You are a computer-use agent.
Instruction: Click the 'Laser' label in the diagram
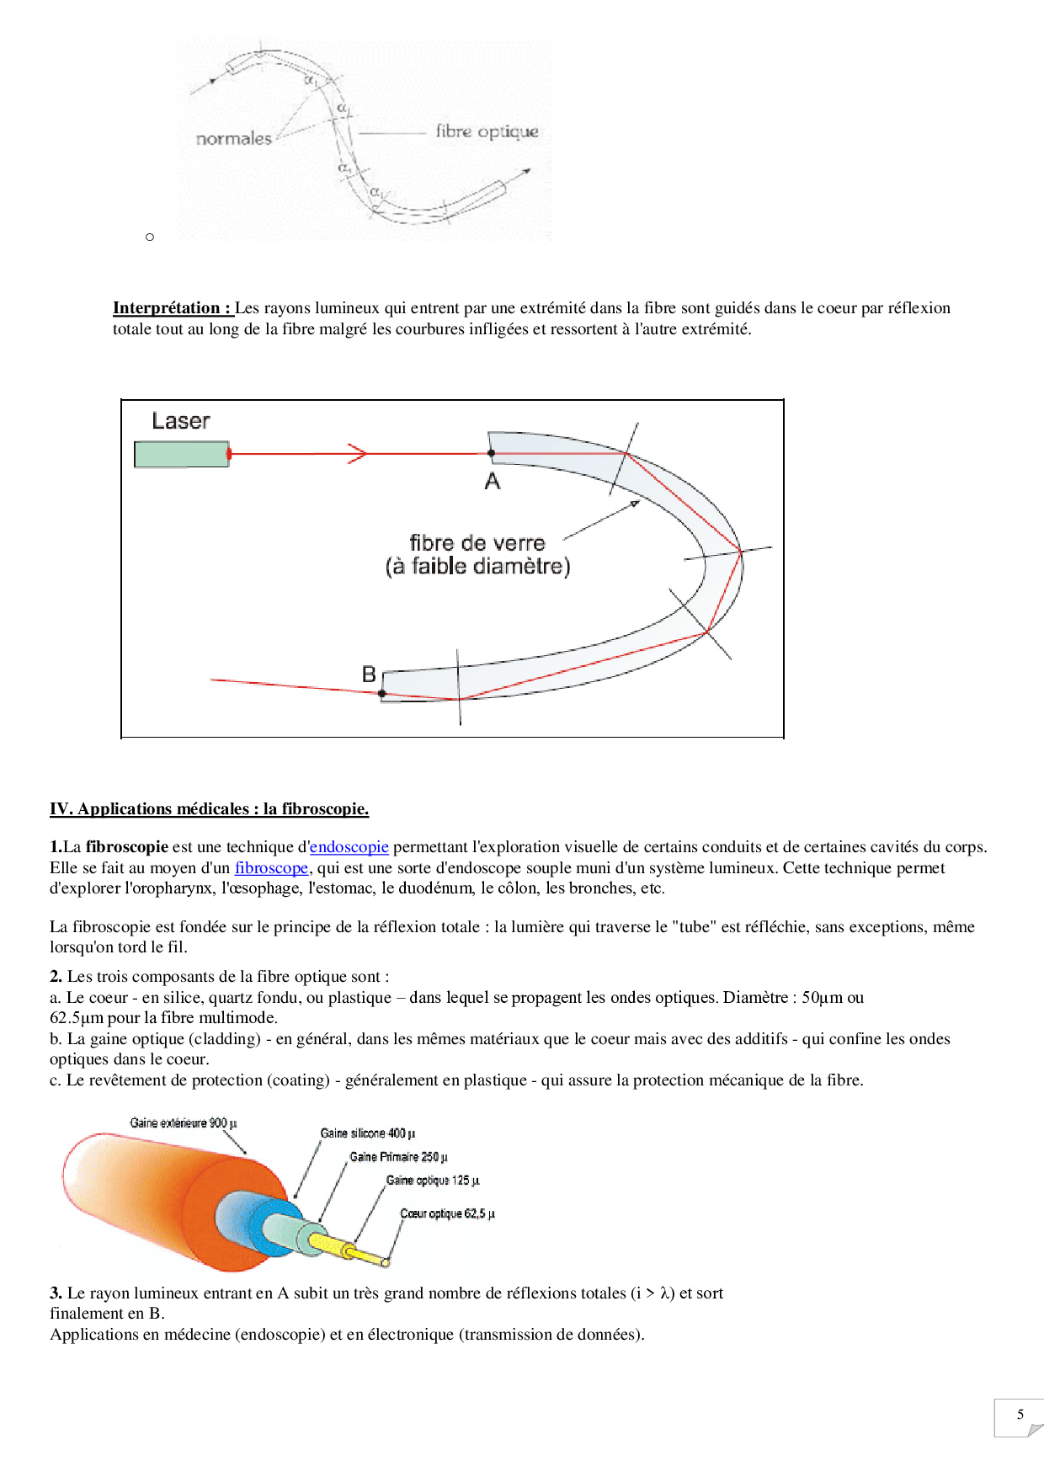point(180,421)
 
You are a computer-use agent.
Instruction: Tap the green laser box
point(181,454)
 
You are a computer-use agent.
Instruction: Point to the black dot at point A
point(492,453)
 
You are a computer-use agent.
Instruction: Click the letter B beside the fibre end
point(369,675)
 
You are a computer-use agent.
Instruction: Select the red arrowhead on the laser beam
point(359,454)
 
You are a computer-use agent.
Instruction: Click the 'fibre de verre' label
point(477,543)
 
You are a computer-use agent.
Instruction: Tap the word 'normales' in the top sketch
point(233,139)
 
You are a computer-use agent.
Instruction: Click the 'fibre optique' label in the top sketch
point(487,131)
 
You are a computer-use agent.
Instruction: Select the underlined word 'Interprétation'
point(167,308)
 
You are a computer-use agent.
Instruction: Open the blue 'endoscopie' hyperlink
point(349,847)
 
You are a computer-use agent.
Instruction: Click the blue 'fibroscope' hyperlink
point(271,868)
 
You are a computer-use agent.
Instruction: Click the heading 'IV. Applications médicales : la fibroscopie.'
point(209,809)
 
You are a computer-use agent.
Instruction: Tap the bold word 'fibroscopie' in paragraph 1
point(127,847)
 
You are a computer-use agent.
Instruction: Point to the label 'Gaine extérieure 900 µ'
point(184,1123)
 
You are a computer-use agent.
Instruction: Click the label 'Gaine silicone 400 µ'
point(367,1133)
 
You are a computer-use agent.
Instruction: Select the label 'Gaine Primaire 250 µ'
point(398,1157)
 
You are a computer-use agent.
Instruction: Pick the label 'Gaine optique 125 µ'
point(433,1181)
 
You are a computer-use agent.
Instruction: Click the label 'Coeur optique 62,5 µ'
point(447,1213)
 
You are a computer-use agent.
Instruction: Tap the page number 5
point(1020,1415)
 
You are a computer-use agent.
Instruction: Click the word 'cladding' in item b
point(225,1039)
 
